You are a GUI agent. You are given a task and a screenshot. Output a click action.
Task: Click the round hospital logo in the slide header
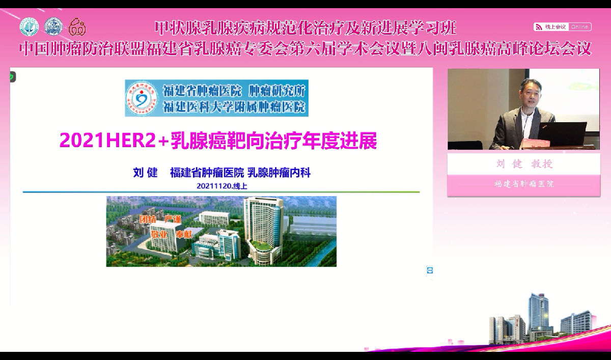(142, 98)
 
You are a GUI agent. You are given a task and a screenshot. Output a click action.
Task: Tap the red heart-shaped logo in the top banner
(77, 26)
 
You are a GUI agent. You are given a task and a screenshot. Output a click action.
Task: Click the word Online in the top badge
(579, 26)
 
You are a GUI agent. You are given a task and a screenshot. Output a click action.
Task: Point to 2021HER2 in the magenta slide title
(107, 141)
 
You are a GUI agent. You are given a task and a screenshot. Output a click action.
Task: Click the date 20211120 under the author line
(213, 186)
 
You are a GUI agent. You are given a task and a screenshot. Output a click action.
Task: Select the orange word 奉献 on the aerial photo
(185, 235)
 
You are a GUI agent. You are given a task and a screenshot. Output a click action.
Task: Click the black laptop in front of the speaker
(563, 133)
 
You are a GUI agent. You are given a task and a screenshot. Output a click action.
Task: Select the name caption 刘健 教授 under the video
(523, 164)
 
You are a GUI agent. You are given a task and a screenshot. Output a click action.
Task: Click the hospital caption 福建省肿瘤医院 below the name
(523, 184)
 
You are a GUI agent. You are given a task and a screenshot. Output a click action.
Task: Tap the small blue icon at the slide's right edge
(430, 270)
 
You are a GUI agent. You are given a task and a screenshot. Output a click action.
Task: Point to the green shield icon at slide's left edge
(12, 77)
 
